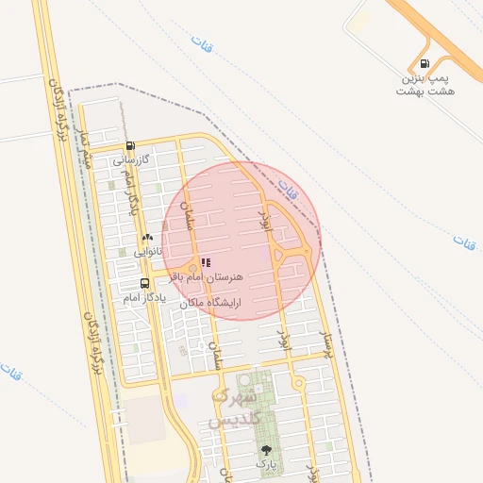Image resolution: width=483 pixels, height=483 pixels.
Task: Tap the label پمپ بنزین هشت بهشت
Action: click(425, 85)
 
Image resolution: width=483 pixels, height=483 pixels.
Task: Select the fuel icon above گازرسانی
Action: click(130, 146)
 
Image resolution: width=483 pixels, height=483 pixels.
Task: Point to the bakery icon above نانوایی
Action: click(147, 238)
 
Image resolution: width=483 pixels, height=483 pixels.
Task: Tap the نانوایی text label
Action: click(148, 252)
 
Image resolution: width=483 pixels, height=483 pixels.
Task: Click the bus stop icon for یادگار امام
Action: click(144, 283)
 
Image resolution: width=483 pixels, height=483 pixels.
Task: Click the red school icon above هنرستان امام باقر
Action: click(207, 263)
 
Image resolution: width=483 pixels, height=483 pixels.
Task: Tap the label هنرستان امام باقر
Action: click(207, 277)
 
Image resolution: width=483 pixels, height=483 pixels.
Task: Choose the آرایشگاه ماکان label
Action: click(210, 303)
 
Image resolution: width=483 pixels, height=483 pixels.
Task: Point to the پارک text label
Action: click(266, 464)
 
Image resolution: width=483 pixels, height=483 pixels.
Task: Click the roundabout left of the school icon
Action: click(193, 265)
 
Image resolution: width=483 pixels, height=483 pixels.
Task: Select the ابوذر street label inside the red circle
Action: click(265, 224)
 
